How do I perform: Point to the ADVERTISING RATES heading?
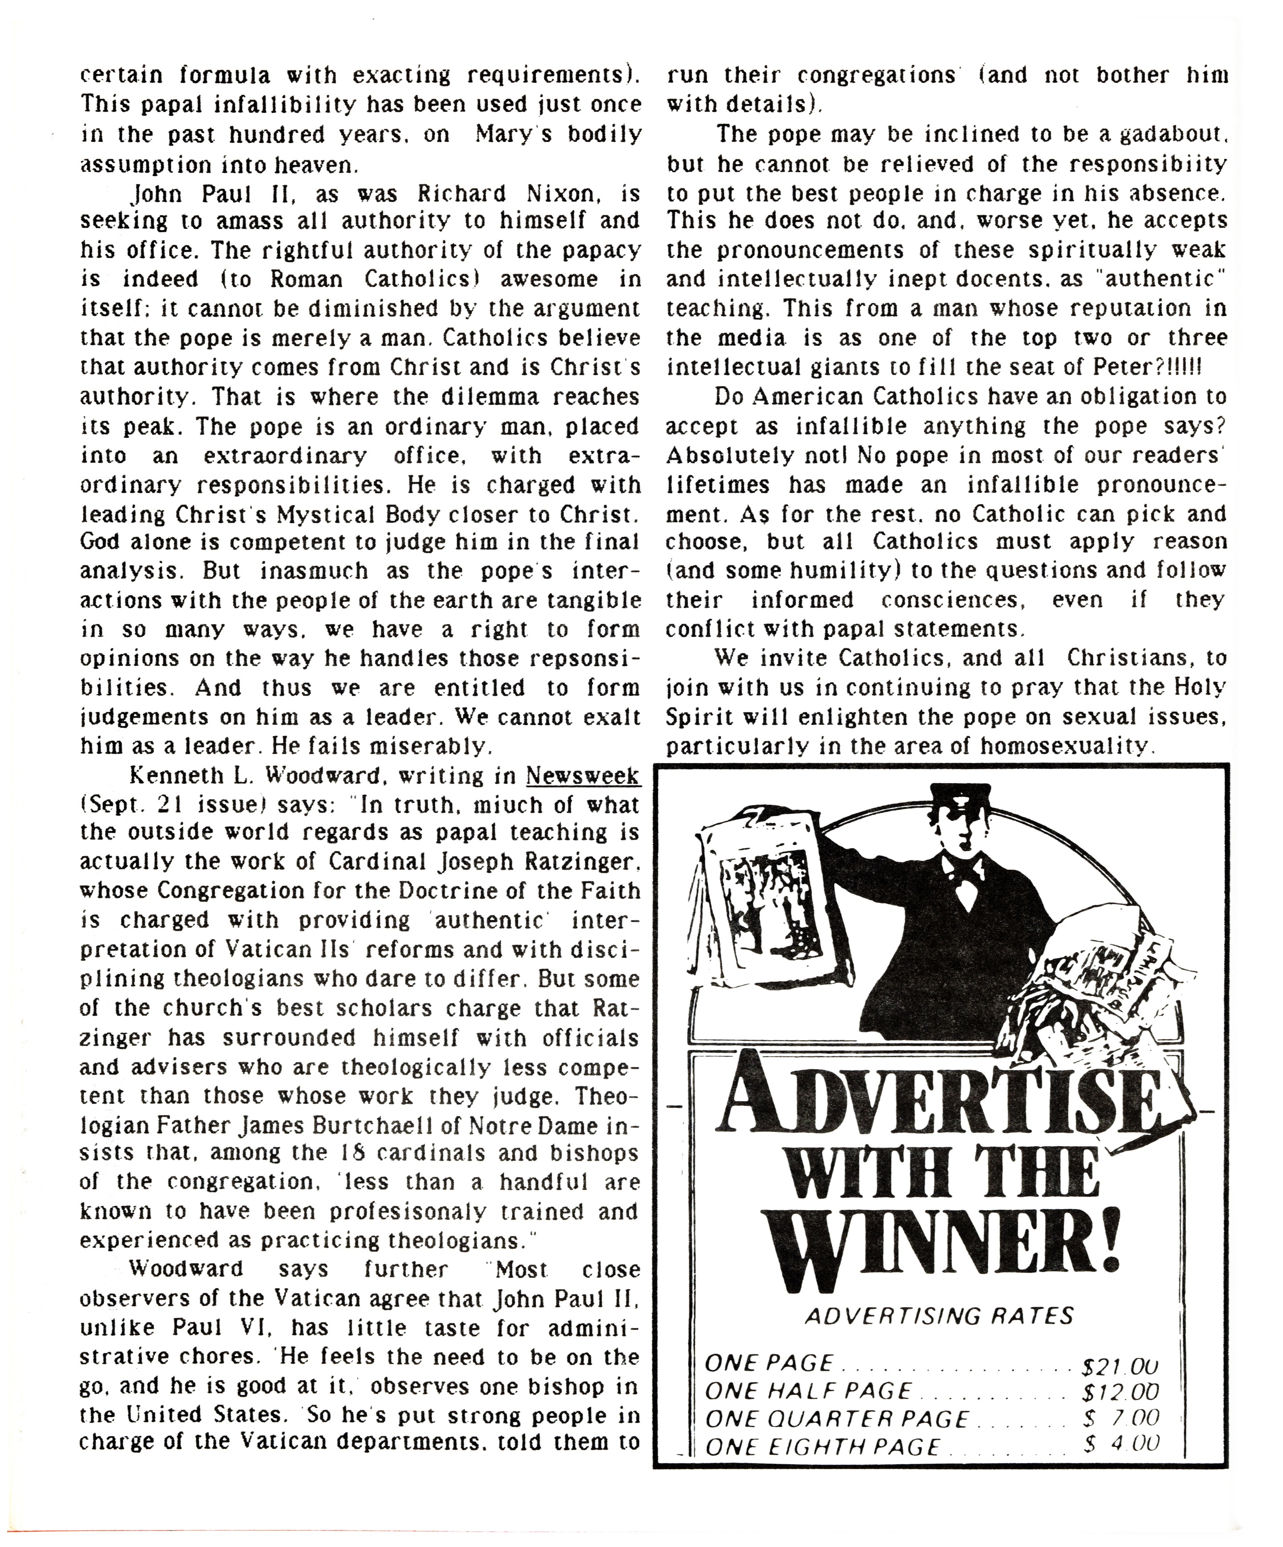[939, 1316]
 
